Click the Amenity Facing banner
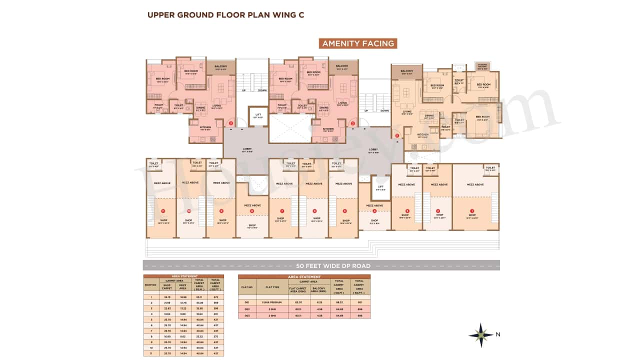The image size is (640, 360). click(x=357, y=43)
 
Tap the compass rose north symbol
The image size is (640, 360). click(x=481, y=335)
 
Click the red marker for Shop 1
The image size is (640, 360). click(x=471, y=211)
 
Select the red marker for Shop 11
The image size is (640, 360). click(x=162, y=211)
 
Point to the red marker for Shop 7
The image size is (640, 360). click(x=282, y=211)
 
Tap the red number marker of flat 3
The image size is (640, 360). click(x=230, y=123)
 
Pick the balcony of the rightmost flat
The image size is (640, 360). click(x=406, y=72)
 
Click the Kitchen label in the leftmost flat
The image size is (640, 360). click(x=205, y=127)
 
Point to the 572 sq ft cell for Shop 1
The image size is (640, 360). click(x=215, y=297)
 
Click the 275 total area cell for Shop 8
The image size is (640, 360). click(x=215, y=336)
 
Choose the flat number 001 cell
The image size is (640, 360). click(x=247, y=302)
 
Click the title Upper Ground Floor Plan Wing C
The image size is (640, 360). click(x=225, y=14)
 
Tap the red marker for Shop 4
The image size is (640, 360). click(x=374, y=211)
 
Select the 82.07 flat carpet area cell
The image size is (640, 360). click(x=298, y=302)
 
